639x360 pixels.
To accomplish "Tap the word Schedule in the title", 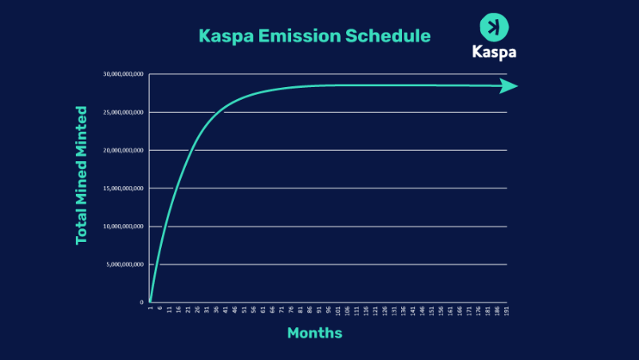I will point(391,37).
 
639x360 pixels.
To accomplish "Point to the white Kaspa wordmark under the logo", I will point(494,53).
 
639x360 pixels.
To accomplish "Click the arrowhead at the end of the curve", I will point(509,86).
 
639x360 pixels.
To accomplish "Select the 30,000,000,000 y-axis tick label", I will point(124,74).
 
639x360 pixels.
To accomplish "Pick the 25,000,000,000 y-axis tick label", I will point(124,113).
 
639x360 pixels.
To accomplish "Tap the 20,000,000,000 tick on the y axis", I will point(124,150).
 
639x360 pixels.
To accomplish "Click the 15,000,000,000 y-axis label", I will point(124,188).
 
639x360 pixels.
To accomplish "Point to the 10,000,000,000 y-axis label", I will point(124,227).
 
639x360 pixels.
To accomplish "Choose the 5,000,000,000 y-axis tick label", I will point(126,264).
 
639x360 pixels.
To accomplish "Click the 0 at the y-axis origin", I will point(141,303).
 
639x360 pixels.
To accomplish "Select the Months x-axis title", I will point(314,333).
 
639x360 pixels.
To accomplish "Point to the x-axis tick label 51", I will point(244,311).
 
